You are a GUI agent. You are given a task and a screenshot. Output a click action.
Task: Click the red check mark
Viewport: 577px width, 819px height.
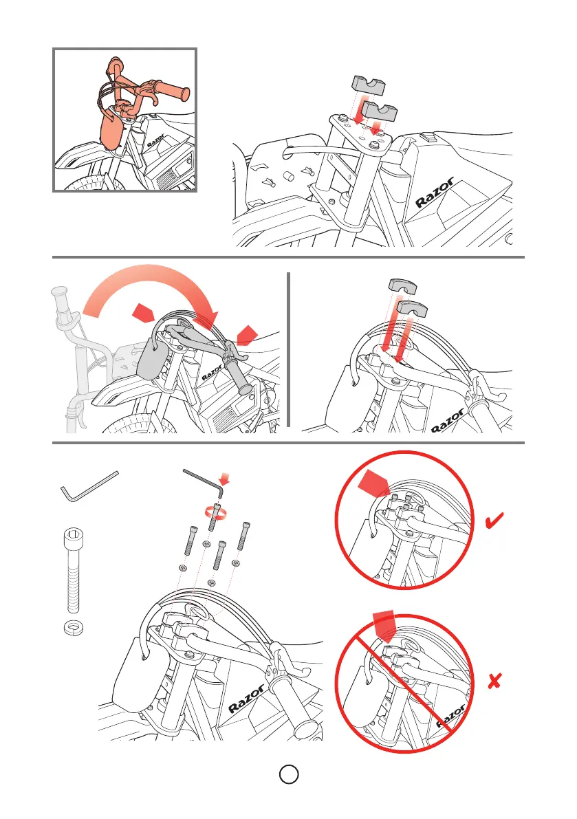point(494,521)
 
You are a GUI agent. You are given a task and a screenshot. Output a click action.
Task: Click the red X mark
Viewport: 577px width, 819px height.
point(494,681)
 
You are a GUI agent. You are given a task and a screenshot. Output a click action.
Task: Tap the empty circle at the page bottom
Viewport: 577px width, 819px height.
point(289,774)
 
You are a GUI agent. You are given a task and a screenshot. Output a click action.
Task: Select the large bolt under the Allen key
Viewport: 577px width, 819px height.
point(73,570)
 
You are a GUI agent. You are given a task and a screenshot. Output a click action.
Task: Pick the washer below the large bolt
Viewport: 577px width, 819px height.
point(74,627)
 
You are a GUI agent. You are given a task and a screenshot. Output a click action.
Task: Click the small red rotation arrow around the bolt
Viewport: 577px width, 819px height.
point(216,512)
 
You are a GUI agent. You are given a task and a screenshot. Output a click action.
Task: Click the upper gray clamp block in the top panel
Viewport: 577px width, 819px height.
point(368,85)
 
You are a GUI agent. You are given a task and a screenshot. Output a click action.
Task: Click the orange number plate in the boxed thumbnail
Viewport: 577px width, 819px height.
point(111,130)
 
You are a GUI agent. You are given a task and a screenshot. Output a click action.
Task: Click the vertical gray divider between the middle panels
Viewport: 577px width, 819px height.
point(288,350)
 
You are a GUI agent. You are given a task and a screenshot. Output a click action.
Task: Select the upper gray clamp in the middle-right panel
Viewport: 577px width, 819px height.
point(402,285)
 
